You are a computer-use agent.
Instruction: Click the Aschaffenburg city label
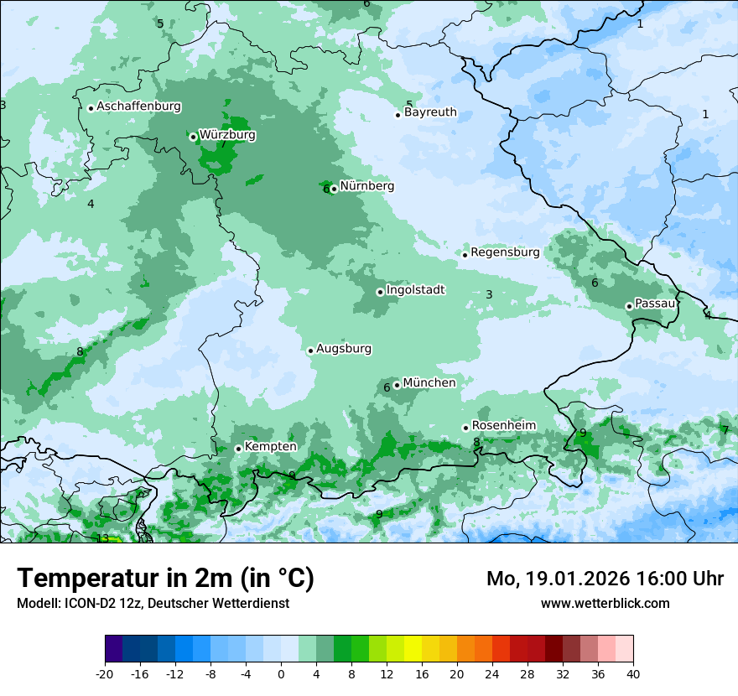[x=138, y=106]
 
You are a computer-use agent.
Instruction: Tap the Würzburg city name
[x=227, y=135]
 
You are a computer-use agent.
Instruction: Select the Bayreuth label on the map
[x=430, y=112]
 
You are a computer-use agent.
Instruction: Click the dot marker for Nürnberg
[x=334, y=189]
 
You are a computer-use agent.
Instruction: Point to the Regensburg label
[x=505, y=252]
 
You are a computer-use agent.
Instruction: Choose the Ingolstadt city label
[x=415, y=290]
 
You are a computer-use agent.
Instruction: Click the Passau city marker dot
[x=629, y=306]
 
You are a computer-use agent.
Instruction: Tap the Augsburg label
[x=344, y=349]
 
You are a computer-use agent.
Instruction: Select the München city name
[x=429, y=383]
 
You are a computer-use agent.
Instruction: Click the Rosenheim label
[x=503, y=426]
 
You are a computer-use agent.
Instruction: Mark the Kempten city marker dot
[x=238, y=449]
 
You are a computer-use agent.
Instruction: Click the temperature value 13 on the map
[x=102, y=538]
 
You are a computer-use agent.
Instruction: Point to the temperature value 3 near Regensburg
[x=489, y=294]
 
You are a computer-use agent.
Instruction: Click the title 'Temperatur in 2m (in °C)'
[x=165, y=579]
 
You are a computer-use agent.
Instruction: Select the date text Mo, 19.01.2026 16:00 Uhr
[x=605, y=579]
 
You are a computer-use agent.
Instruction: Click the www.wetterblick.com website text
[x=605, y=603]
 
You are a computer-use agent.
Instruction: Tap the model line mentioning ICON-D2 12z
[x=153, y=603]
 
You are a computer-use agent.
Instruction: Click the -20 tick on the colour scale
[x=105, y=673]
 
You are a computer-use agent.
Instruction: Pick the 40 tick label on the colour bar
[x=632, y=673]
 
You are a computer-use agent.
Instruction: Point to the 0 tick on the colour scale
[x=281, y=673]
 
